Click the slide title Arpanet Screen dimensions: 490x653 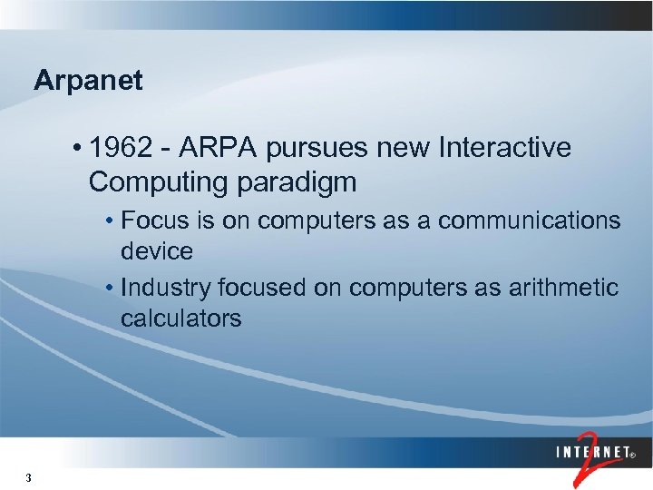(x=88, y=81)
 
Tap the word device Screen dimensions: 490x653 (x=156, y=250)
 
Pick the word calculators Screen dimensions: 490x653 (x=180, y=318)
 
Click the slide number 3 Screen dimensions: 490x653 (x=29, y=478)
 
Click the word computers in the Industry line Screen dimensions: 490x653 (x=403, y=288)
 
